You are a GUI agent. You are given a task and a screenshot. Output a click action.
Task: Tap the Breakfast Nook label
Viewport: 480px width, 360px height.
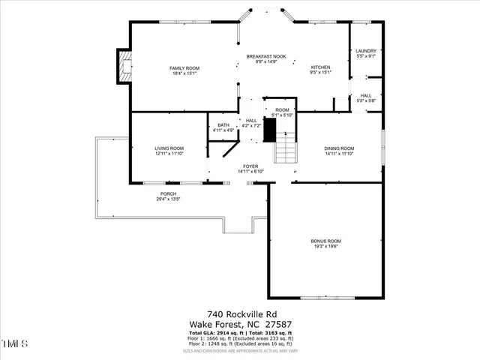click(267, 56)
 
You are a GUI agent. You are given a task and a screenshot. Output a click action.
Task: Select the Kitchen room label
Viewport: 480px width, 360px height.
click(321, 67)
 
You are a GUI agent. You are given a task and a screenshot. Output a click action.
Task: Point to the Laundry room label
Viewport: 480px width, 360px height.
click(366, 51)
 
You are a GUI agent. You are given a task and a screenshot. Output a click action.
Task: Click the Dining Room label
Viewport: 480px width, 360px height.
click(339, 148)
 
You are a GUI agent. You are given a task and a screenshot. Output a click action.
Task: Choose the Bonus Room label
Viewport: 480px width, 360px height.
click(326, 241)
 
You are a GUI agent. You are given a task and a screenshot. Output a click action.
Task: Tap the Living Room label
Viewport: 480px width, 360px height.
click(169, 148)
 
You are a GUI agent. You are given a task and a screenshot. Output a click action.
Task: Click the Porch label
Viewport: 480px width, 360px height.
click(168, 193)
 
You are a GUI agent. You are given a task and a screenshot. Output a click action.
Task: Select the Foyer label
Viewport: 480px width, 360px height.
click(250, 166)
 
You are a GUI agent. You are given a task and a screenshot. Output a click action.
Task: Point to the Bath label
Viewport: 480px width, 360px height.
click(223, 125)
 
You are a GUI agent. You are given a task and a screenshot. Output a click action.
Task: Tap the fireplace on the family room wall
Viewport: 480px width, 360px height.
click(124, 67)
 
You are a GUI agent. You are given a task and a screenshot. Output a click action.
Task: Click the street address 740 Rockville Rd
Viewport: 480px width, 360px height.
click(239, 315)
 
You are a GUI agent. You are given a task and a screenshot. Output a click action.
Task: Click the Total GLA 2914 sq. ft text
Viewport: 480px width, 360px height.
click(217, 332)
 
